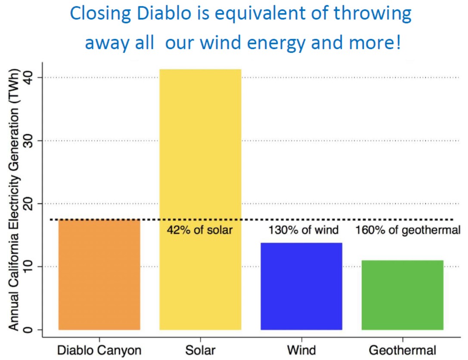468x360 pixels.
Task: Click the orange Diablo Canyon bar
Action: click(99, 274)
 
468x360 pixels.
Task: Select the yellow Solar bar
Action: click(200, 200)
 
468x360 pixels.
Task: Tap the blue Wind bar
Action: click(301, 286)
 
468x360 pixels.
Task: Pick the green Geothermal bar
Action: click(402, 295)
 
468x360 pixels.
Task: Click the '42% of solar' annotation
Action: click(200, 230)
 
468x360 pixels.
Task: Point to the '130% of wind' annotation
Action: click(303, 230)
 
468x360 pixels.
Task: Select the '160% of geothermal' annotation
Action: click(408, 230)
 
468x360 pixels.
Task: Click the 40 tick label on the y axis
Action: click(29, 77)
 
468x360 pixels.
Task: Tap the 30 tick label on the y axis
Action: click(29, 141)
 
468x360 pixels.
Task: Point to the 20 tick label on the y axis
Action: click(29, 203)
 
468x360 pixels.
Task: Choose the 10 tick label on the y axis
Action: click(29, 266)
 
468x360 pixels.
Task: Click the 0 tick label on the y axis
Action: click(29, 329)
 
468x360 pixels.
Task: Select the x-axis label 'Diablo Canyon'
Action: click(99, 351)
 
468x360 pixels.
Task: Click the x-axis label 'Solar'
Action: click(200, 350)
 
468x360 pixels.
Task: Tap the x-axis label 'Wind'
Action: click(301, 350)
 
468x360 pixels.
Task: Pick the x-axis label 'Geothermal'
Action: click(402, 350)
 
